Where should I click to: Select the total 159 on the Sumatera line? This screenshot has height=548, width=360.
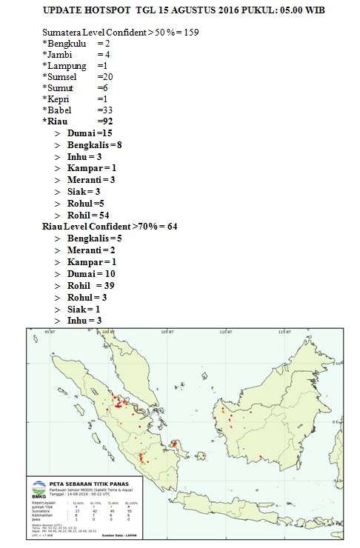click(x=190, y=33)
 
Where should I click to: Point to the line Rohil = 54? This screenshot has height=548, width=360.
click(x=96, y=215)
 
